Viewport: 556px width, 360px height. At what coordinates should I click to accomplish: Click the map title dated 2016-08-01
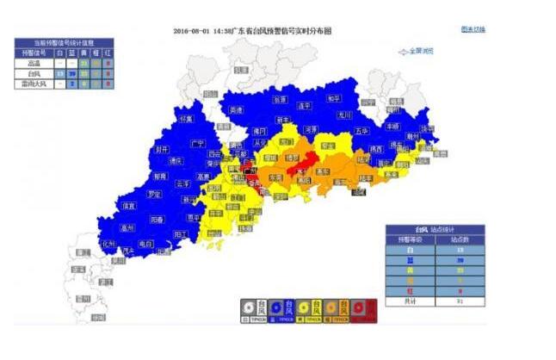tap(252, 31)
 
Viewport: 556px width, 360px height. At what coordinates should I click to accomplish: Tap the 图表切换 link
tap(473, 29)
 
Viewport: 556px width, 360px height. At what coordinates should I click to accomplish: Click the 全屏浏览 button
tap(420, 52)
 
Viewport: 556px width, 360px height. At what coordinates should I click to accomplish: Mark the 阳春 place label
tap(158, 219)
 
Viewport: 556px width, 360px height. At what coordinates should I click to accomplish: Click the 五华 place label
tap(361, 132)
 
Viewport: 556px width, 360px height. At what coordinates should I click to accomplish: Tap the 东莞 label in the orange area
tap(275, 177)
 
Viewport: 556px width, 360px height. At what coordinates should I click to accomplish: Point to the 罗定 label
tap(154, 195)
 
